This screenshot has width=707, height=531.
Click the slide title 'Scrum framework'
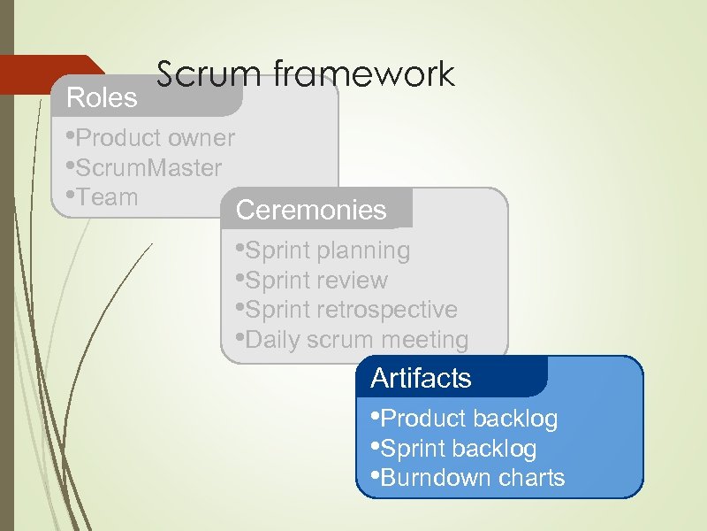[306, 74]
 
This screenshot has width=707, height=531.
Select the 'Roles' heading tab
[103, 98]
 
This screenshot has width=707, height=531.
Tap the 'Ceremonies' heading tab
[311, 211]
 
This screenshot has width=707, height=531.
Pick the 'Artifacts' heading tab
[421, 379]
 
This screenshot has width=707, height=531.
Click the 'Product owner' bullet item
[152, 138]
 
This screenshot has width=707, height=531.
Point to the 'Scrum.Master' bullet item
[146, 167]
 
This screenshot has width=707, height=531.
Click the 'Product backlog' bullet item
[466, 419]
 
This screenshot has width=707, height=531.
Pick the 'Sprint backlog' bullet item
[455, 449]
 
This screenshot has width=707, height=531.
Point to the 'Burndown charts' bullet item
[469, 478]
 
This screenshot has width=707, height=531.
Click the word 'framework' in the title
[364, 74]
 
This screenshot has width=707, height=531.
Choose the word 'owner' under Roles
[201, 138]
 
